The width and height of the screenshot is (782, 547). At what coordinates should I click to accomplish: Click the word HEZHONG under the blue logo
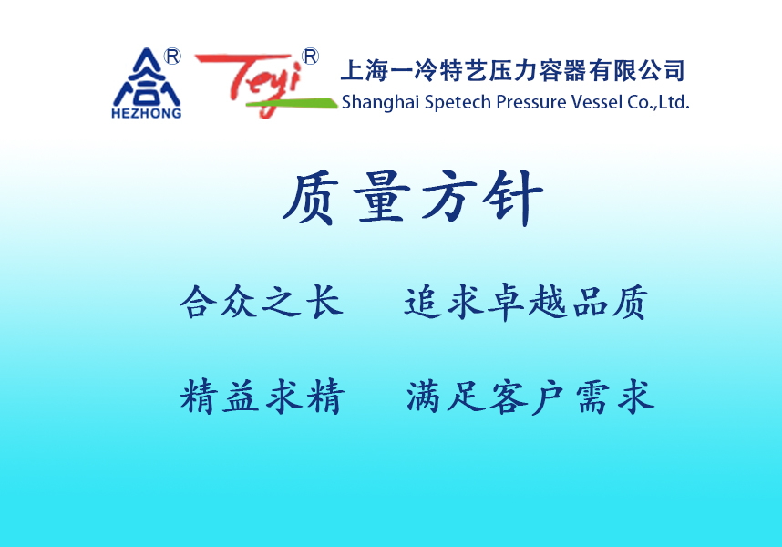[147, 114]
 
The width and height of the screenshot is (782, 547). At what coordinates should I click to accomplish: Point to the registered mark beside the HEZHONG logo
[172, 57]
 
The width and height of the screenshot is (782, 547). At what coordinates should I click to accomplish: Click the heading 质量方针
[412, 198]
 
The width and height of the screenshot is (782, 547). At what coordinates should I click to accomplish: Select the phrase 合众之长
[262, 302]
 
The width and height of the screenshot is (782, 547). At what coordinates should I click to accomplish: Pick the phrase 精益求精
[262, 397]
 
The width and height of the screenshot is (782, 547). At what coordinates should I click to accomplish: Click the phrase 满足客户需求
[530, 397]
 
